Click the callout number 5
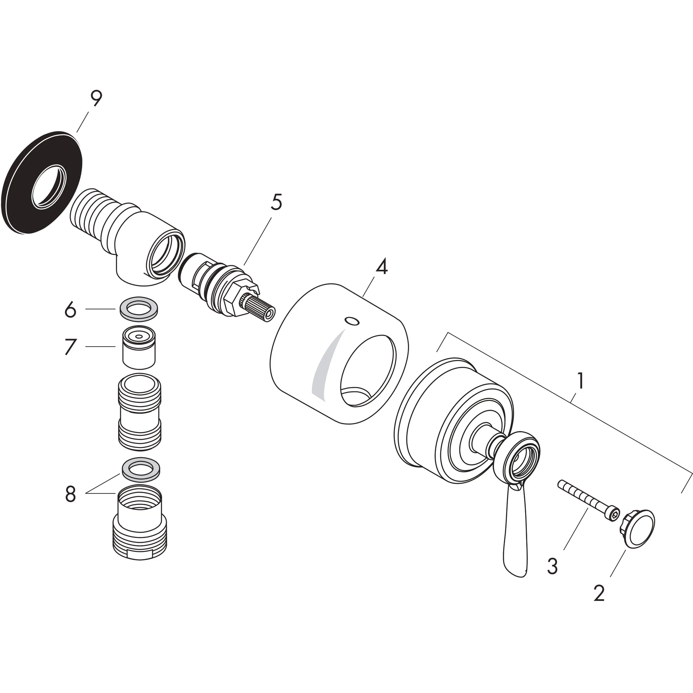click(x=276, y=203)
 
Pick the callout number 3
click(x=552, y=566)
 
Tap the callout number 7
click(x=70, y=346)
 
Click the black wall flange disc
click(x=22, y=201)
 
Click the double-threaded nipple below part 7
click(x=139, y=411)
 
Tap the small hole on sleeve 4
click(x=350, y=320)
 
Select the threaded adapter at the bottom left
click(x=139, y=527)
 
